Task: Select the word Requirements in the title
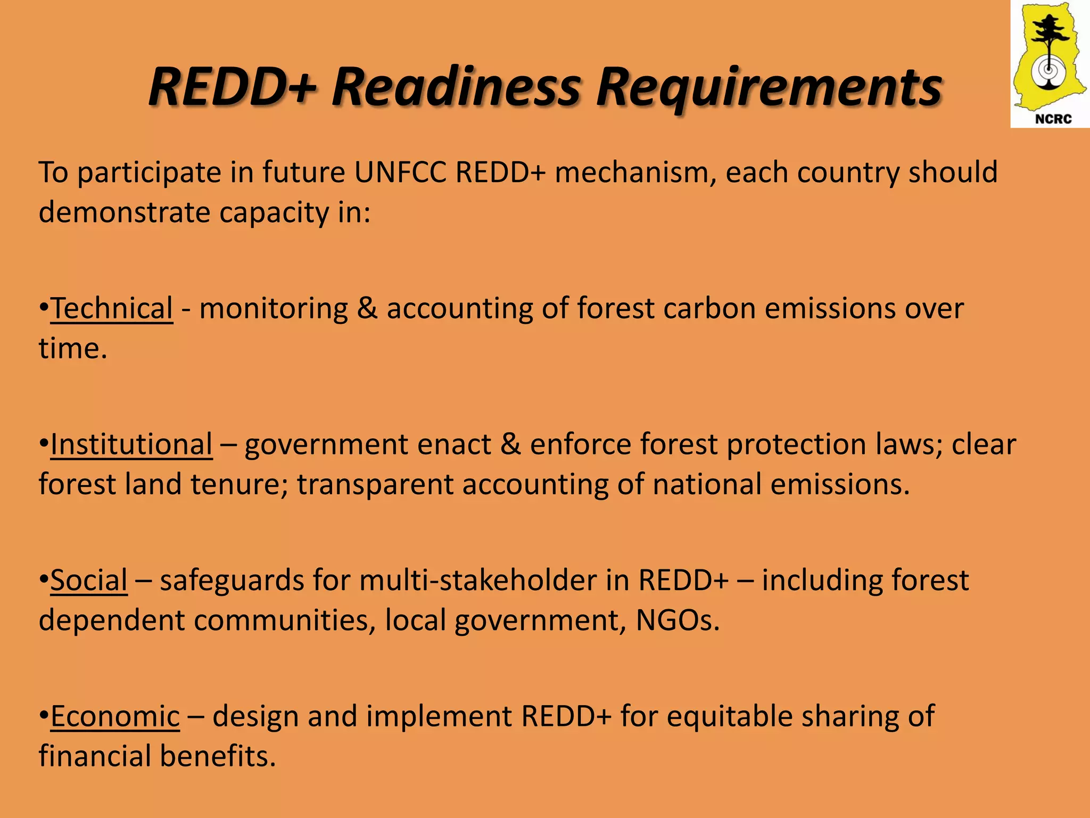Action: pos(769,87)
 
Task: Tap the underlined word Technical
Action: pos(112,308)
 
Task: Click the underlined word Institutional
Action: pos(131,444)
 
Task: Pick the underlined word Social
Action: pos(89,580)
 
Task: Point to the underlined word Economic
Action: pos(115,716)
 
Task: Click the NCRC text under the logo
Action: pos(1053,119)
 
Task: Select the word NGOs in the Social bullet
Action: pos(677,620)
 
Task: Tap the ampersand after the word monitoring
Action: pos(367,308)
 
